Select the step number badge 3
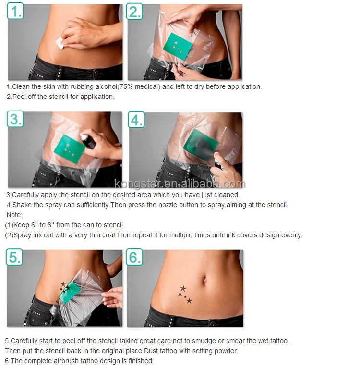pos(15,119)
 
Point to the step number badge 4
pos(136,120)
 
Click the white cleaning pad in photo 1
pos(60,43)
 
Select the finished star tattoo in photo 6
pos(184,294)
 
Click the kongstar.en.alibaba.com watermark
pos(180,184)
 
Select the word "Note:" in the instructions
pos(14,215)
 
